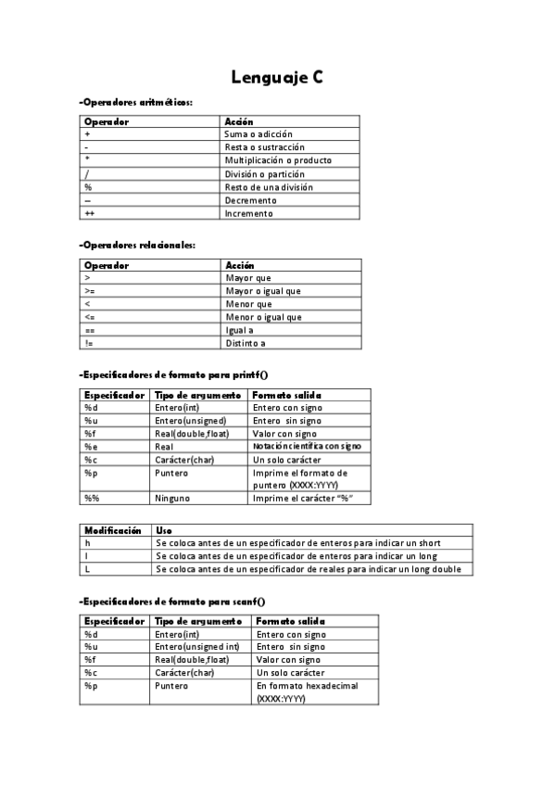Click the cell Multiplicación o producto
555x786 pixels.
(x=278, y=160)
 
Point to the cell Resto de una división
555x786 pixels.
(x=269, y=187)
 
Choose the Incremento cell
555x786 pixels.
(x=249, y=213)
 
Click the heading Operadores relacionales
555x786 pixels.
(x=138, y=245)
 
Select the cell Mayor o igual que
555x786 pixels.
(x=263, y=291)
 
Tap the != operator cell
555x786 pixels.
(x=89, y=343)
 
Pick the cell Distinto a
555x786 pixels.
(x=246, y=343)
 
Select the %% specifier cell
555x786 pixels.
(x=91, y=498)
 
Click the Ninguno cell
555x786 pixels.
(x=171, y=498)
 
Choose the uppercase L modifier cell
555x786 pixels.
(x=87, y=569)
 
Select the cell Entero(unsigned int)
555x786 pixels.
(x=196, y=647)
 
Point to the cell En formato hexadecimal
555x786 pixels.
(x=306, y=686)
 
